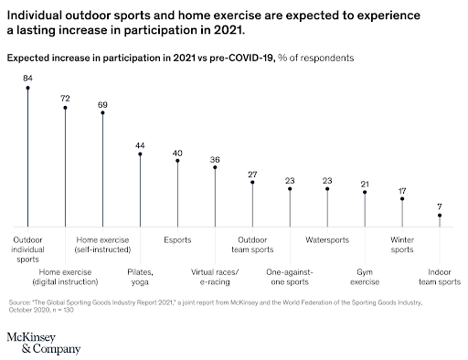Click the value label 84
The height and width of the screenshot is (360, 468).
pyautogui.click(x=27, y=79)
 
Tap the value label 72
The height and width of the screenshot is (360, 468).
pyautogui.click(x=65, y=97)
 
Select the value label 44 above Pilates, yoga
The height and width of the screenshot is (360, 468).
pyautogui.click(x=140, y=144)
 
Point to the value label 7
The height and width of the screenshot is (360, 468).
pyautogui.click(x=440, y=206)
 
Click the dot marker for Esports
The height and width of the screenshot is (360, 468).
pyautogui.click(x=177, y=161)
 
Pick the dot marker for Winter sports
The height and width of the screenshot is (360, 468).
pyautogui.click(x=402, y=199)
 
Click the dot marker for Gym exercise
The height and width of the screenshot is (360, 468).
pyautogui.click(x=365, y=193)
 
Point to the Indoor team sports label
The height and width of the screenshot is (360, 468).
pyautogui.click(x=441, y=276)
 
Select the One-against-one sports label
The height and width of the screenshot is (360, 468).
pyautogui.click(x=290, y=276)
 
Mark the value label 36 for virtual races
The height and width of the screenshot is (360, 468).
pyautogui.click(x=215, y=158)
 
